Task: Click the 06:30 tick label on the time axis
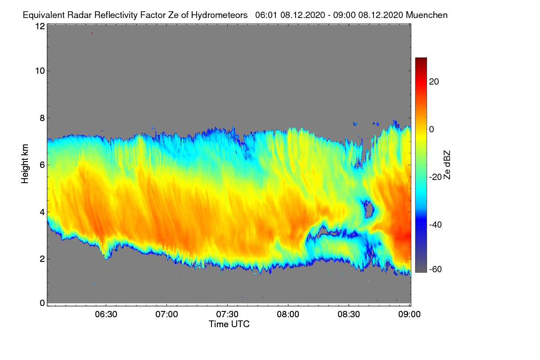point(106,315)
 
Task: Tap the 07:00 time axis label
point(167,315)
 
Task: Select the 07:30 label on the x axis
point(227,315)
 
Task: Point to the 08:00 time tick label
point(288,315)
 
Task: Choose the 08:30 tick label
point(349,315)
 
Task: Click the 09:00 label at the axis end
point(409,315)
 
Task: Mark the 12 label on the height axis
point(40,26)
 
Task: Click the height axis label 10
point(40,71)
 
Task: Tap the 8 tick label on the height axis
point(42,118)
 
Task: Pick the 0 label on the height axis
point(42,303)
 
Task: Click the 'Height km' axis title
point(25,164)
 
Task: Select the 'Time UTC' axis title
point(229,324)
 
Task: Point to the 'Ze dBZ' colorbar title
point(447,165)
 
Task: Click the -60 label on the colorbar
point(436,270)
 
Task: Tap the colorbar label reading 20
point(434,82)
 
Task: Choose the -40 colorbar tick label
point(436,225)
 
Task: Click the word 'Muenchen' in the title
point(427,15)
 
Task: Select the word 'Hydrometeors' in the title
point(220,15)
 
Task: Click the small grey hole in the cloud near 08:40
point(369,209)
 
